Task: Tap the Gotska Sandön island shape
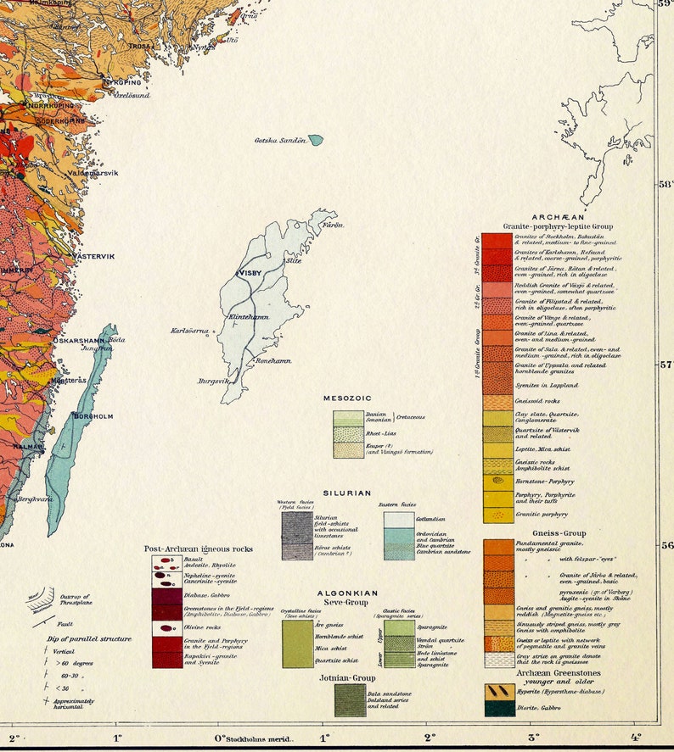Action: tap(316, 139)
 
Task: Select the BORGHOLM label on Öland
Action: tap(93, 416)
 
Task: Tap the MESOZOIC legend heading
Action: tap(347, 398)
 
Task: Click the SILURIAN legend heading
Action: tap(346, 493)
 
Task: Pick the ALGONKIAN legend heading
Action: tap(347, 593)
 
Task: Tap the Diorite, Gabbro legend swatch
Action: tap(499, 709)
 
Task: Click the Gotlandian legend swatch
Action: tap(398, 520)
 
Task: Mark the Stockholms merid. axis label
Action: tap(258, 738)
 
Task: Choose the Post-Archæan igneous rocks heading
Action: tap(198, 549)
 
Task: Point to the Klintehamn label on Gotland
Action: tap(248, 317)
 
